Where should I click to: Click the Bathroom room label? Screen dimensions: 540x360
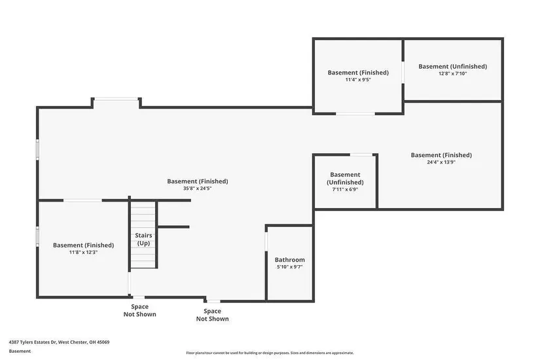click(x=289, y=260)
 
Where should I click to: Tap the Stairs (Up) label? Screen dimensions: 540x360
click(x=143, y=239)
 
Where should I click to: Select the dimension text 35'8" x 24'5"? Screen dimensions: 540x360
click(x=197, y=189)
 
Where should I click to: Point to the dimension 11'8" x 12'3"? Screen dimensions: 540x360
click(x=83, y=252)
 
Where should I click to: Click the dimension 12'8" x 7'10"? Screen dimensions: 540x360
click(x=452, y=73)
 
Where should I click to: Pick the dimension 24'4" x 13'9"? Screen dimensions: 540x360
click(x=441, y=162)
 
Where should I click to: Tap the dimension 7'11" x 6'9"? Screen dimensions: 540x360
click(x=345, y=189)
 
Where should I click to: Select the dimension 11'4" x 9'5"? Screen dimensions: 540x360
click(x=358, y=80)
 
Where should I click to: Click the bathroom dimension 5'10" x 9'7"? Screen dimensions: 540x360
click(x=289, y=266)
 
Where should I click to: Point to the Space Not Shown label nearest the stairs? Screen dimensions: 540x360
click(x=139, y=310)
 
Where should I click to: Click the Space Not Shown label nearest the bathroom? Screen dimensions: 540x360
click(x=212, y=315)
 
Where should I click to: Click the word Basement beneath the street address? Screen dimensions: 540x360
click(x=20, y=351)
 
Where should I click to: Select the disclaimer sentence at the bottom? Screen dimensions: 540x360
click(x=270, y=353)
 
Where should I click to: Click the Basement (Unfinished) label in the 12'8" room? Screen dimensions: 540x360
click(x=452, y=66)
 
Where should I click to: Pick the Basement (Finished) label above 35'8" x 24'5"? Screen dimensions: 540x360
click(x=197, y=181)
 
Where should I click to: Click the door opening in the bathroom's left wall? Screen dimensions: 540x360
click(x=266, y=242)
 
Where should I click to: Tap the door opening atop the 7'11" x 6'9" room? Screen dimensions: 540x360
click(x=361, y=154)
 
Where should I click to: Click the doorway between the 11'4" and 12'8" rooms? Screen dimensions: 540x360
click(x=403, y=72)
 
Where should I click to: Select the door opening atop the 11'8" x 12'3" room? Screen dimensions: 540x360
click(x=82, y=200)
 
